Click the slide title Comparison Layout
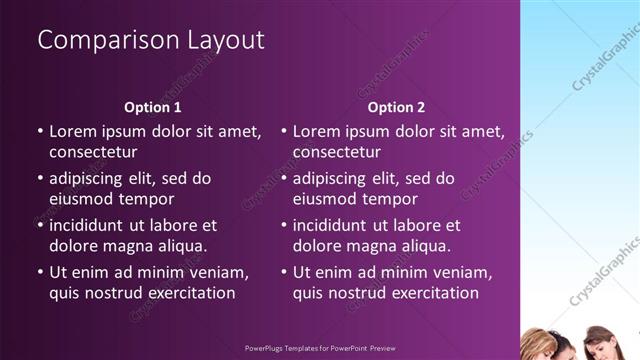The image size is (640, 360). point(151,40)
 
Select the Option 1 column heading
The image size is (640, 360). point(153,107)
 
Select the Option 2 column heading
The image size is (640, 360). point(396,107)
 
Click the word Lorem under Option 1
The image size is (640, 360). point(73,131)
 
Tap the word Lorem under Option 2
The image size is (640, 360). point(317,131)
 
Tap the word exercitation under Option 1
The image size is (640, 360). point(187,293)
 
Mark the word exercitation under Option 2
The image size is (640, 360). point(431,293)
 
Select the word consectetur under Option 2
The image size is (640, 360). point(337,152)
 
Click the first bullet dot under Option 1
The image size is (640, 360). point(39,131)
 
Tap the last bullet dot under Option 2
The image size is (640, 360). point(283,273)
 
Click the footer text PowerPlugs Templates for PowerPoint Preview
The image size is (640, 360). point(320,350)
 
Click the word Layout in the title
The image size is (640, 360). point(217,40)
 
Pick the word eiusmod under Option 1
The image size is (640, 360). point(82,199)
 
